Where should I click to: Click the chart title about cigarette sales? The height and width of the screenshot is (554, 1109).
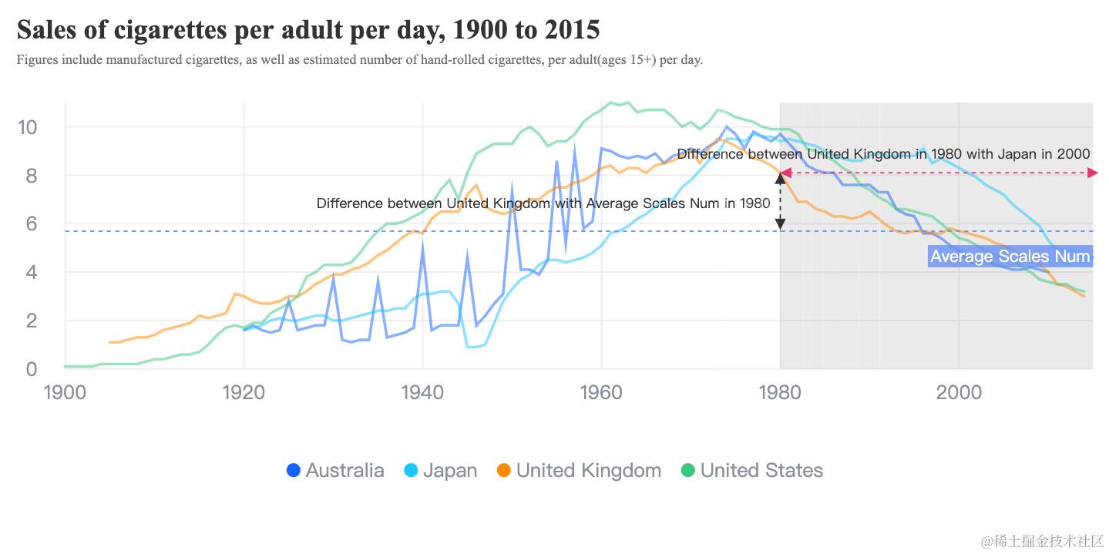point(307,30)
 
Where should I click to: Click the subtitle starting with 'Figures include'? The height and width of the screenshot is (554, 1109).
point(359,59)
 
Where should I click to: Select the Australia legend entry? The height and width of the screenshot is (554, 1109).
point(335,470)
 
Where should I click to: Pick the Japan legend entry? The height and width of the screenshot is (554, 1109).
point(441,470)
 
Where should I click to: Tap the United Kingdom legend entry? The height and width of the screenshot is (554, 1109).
point(579,470)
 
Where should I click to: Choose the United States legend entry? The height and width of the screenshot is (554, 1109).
point(752,470)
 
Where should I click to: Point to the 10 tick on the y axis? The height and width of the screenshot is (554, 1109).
point(28,127)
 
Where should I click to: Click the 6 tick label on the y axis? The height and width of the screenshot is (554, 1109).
point(32,223)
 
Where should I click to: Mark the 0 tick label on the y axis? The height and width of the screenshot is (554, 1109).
point(32,369)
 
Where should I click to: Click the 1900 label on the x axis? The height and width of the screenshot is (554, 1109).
point(65,392)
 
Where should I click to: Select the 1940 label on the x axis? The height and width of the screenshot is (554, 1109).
point(422,392)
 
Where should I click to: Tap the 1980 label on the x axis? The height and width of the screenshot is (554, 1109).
point(780,392)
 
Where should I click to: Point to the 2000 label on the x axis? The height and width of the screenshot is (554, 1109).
point(959,392)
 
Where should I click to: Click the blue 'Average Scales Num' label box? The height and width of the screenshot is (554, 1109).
point(1010,257)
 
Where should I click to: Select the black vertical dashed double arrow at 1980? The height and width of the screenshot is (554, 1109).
point(780,201)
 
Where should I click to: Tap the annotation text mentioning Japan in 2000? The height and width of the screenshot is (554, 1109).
point(883,154)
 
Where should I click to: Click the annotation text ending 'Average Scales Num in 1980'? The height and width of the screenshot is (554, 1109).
point(543,203)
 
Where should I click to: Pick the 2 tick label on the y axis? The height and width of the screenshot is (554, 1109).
point(32,321)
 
